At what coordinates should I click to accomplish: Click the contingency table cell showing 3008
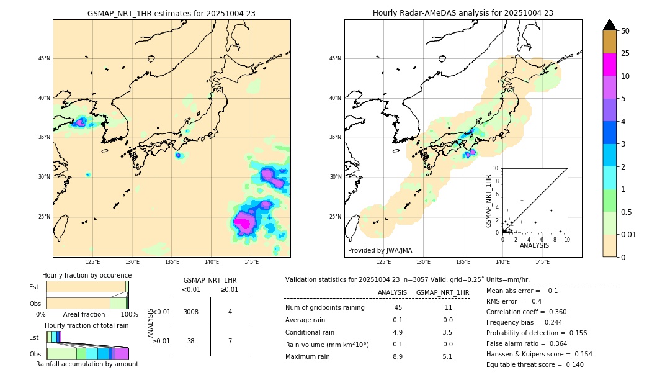coord(191,312)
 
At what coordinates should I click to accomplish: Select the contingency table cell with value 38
coord(191,341)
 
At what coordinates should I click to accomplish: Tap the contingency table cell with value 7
coord(230,341)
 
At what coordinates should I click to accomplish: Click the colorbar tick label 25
coord(626,53)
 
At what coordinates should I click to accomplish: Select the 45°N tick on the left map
coord(44,58)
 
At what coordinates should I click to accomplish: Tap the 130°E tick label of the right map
coord(424,262)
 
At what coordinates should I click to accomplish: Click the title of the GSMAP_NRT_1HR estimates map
coord(171,13)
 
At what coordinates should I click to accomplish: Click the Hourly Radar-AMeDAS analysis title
coord(463,13)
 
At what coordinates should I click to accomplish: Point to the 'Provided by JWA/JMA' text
coord(380,251)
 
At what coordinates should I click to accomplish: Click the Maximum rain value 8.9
coord(398,356)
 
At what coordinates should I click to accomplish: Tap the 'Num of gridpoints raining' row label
coord(325,308)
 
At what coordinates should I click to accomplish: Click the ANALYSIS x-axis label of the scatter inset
coord(534,245)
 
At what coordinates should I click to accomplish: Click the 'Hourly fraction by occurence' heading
coord(87,275)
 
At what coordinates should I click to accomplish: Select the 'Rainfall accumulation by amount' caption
coord(87,364)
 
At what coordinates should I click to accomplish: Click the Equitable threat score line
coord(535,364)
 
